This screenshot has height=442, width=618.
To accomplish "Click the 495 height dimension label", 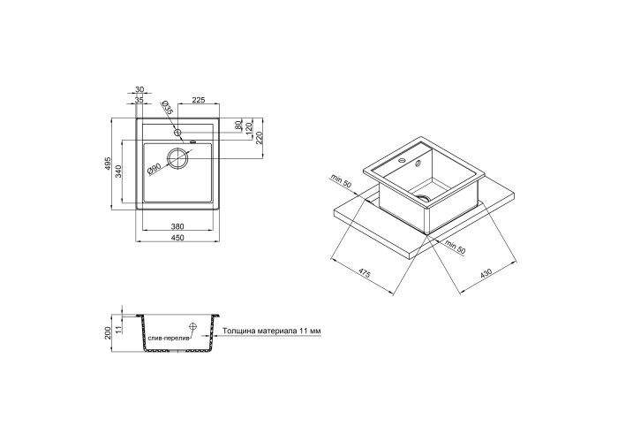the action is [x=109, y=164].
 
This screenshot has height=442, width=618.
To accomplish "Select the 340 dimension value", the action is [x=118, y=171].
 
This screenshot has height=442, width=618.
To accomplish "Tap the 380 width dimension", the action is [x=177, y=226].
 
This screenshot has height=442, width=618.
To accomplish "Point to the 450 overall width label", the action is [x=177, y=238].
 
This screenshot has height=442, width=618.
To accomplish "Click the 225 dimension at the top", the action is [x=199, y=100].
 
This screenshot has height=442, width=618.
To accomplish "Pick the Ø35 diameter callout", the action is [x=167, y=108].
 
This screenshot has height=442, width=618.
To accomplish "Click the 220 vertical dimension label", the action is [x=260, y=138].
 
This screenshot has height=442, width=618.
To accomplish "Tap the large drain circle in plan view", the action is [x=177, y=158].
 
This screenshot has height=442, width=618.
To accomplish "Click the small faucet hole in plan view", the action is [x=177, y=133].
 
